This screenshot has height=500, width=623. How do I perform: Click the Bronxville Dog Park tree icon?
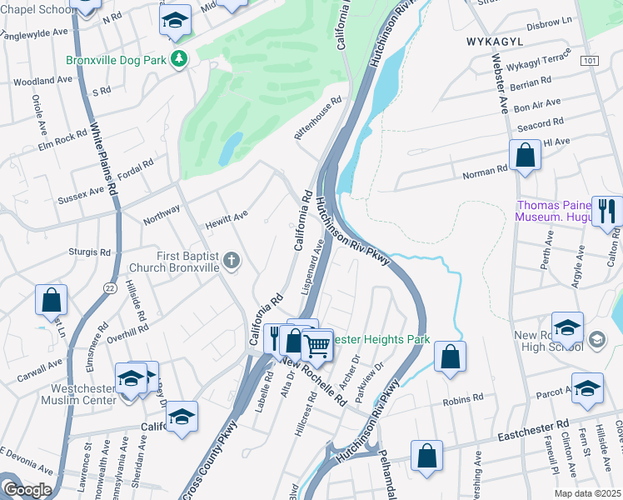pos(178,59)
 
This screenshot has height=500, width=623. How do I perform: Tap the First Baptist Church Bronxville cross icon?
pos(232,262)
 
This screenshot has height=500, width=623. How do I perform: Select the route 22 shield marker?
pos(109,287)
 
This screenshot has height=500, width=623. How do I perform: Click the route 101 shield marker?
pos(590,62)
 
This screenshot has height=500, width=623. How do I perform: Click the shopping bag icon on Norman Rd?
pos(525,155)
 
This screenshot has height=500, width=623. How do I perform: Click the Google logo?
pos(27,489)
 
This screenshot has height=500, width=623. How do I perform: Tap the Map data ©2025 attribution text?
pos(587,493)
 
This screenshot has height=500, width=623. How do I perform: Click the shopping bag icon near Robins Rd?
pos(450,357)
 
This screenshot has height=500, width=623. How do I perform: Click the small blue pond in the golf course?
pos(230,148)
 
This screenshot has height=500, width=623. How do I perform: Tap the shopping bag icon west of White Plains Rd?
pos(52,299)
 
